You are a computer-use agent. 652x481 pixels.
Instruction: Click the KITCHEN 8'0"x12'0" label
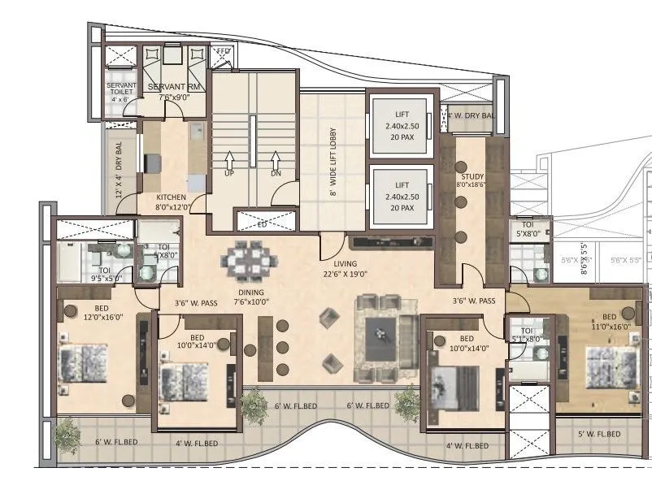172,201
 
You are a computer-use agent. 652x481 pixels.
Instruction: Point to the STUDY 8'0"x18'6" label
472,180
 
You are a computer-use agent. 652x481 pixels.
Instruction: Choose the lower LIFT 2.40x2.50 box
397,197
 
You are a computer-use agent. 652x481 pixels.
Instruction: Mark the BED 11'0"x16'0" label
609,322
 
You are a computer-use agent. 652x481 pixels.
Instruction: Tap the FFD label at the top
224,52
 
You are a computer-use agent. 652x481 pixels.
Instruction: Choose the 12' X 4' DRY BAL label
120,170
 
